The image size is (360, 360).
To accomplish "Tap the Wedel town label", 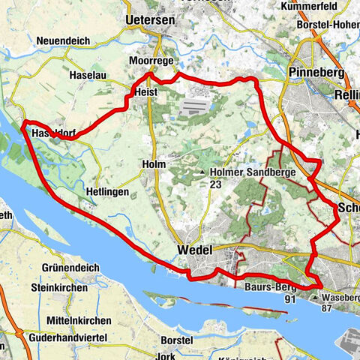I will tap(196, 250).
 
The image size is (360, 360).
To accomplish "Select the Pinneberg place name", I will tap(315, 73).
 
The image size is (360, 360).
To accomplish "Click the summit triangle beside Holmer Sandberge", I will tap(202, 172).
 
